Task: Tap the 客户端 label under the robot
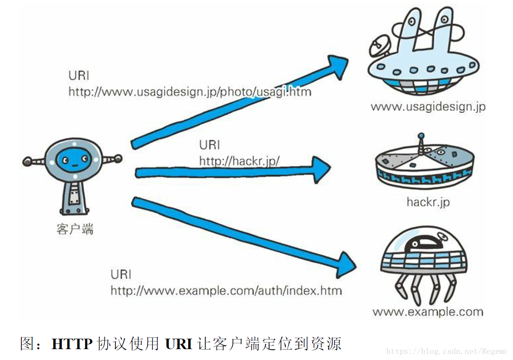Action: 75,229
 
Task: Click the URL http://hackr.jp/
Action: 239,161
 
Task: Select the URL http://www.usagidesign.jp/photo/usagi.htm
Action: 190,92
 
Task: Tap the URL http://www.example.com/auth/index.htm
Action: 226,290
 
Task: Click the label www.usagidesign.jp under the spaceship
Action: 428,107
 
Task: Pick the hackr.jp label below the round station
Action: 428,202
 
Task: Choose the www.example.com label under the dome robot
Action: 428,312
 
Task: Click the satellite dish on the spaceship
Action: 378,44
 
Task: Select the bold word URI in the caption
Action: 179,344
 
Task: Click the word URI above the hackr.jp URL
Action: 209,145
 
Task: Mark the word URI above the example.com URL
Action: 121,275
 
